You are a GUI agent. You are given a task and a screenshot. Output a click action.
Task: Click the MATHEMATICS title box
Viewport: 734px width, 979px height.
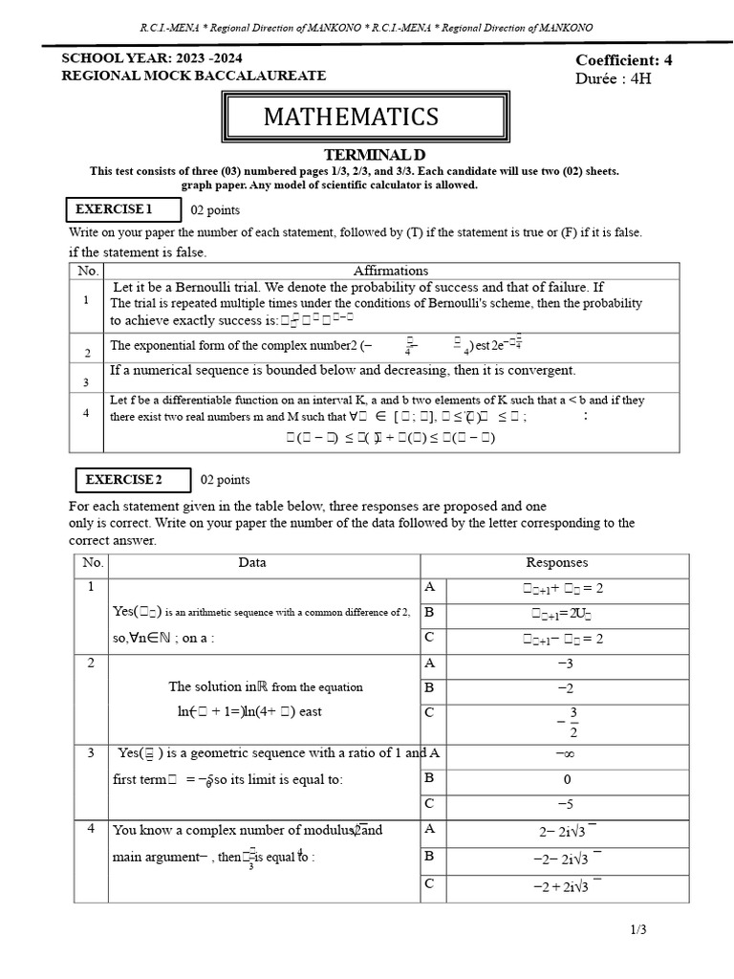[x=351, y=118]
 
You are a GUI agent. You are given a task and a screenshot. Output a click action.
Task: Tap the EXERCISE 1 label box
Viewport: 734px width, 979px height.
[x=114, y=209]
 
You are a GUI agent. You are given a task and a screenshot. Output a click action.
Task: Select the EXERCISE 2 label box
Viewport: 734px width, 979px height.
[x=124, y=479]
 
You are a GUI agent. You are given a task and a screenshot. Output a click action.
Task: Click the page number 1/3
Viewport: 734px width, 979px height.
[x=639, y=928]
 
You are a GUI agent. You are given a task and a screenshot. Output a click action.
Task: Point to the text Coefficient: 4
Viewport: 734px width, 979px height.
[x=624, y=60]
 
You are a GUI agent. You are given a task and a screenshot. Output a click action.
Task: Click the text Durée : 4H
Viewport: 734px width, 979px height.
[x=613, y=78]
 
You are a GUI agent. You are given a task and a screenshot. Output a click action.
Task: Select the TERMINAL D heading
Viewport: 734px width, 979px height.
[x=374, y=155]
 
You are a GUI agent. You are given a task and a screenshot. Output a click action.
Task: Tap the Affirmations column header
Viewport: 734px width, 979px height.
[x=391, y=271]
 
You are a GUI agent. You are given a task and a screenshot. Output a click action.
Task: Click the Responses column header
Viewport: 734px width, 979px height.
[x=557, y=563]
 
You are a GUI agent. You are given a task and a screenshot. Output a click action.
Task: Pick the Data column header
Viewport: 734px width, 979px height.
[x=252, y=563]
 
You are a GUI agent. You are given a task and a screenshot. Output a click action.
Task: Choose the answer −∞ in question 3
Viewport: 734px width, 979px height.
[x=567, y=753]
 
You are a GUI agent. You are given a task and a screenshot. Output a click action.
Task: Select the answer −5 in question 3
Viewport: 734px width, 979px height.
[x=567, y=803]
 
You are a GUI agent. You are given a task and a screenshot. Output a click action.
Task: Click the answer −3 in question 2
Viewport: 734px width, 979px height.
[x=567, y=663]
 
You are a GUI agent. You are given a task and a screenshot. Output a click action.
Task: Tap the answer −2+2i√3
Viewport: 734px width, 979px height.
[x=567, y=887]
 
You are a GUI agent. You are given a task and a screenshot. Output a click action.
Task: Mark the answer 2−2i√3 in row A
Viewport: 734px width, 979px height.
[x=567, y=832]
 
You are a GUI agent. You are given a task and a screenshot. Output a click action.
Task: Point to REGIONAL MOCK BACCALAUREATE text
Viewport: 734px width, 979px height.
[x=194, y=76]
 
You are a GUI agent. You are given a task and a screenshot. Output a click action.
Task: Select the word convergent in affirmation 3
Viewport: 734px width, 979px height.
[x=540, y=370]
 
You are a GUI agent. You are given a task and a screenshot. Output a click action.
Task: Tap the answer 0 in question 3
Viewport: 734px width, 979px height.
[x=567, y=778]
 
